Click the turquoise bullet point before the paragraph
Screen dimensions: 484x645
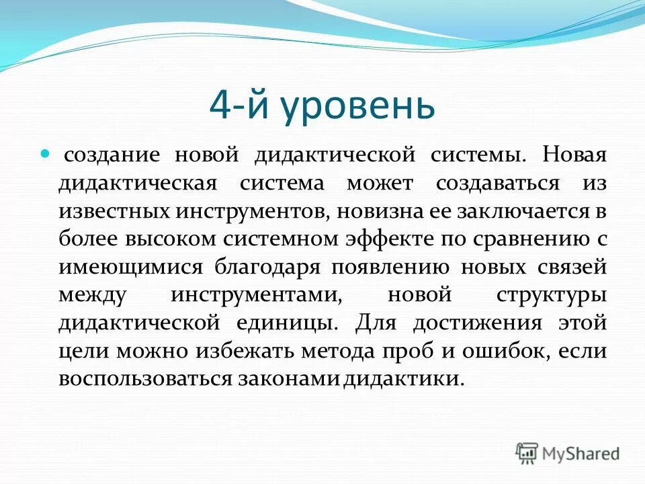point(46,154)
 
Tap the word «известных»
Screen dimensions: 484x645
point(114,211)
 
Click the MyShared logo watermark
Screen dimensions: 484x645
point(568,452)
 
